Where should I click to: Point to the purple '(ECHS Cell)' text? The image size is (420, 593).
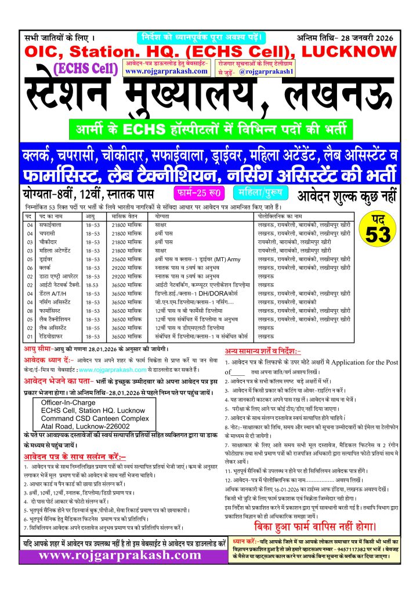(x=86, y=68)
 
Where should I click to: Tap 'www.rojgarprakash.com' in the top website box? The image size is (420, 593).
(x=166, y=71)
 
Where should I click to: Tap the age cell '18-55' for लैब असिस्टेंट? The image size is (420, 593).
(x=92, y=327)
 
